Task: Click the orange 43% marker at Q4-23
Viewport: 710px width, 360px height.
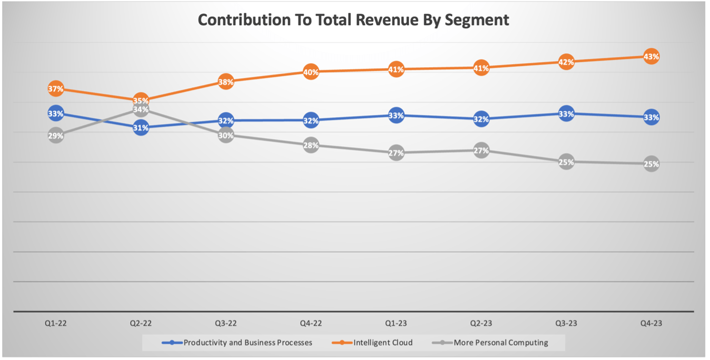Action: point(651,56)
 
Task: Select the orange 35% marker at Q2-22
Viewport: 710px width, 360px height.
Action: point(141,100)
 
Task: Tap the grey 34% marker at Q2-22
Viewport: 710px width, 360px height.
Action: point(141,109)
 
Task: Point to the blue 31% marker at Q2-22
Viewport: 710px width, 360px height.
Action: point(141,128)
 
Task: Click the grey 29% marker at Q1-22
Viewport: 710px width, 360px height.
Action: point(56,136)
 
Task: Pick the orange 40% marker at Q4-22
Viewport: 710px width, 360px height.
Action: point(311,72)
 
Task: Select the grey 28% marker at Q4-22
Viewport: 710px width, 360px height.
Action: point(311,145)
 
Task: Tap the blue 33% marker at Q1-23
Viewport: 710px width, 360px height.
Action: point(396,115)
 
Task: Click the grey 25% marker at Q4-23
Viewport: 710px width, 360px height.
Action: point(651,164)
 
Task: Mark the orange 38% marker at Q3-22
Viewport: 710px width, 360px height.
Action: point(226,81)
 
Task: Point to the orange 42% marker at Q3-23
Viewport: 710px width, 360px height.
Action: point(566,62)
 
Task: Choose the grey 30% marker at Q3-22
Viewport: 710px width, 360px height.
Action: point(226,135)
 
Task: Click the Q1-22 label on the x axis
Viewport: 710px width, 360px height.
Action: point(56,323)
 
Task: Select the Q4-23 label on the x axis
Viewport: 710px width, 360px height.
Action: point(651,323)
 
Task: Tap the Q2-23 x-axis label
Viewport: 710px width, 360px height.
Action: point(481,323)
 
